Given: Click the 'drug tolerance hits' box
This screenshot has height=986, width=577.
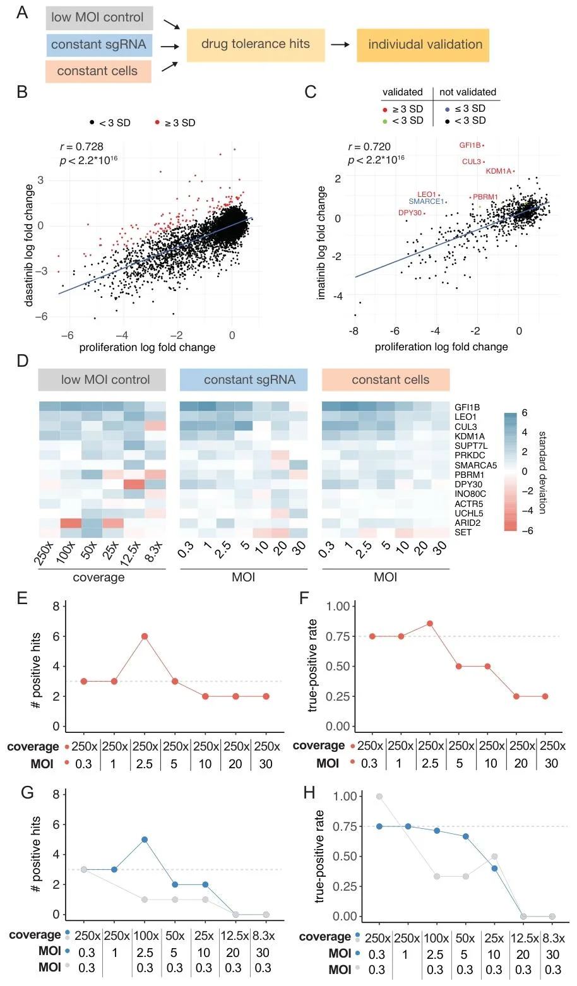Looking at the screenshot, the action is click(x=256, y=45).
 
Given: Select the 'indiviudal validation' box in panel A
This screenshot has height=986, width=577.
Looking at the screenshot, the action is click(x=423, y=45).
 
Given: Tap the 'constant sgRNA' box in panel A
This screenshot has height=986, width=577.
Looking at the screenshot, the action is click(x=99, y=45).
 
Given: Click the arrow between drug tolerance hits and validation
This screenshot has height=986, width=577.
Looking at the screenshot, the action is click(x=340, y=44).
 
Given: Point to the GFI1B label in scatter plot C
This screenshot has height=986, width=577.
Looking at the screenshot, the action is click(x=470, y=145).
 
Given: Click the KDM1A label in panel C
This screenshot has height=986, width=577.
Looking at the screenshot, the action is click(x=498, y=171).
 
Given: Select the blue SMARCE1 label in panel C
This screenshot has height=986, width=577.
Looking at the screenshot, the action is click(x=426, y=201).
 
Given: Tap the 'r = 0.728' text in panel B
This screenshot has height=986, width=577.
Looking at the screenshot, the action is click(x=82, y=146).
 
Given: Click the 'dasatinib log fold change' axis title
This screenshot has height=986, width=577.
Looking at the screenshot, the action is click(x=29, y=245).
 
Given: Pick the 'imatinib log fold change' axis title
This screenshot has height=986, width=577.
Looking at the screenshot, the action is click(x=321, y=242).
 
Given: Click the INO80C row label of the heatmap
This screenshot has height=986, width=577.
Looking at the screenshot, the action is click(x=470, y=494).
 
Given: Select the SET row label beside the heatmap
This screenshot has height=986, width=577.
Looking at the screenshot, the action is click(x=463, y=532).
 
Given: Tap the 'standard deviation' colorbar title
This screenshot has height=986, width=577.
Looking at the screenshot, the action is click(x=543, y=473).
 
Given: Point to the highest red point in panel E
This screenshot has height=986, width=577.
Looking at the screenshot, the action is click(x=145, y=636).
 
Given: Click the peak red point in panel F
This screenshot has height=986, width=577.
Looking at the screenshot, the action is click(x=429, y=624).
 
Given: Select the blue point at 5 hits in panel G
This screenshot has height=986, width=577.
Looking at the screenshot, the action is click(x=145, y=840).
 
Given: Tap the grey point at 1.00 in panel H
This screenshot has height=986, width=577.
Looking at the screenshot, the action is click(x=379, y=797).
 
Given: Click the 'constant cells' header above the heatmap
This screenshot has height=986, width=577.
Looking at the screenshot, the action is click(x=386, y=380).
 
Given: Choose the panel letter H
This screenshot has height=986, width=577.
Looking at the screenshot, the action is click(x=309, y=793).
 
